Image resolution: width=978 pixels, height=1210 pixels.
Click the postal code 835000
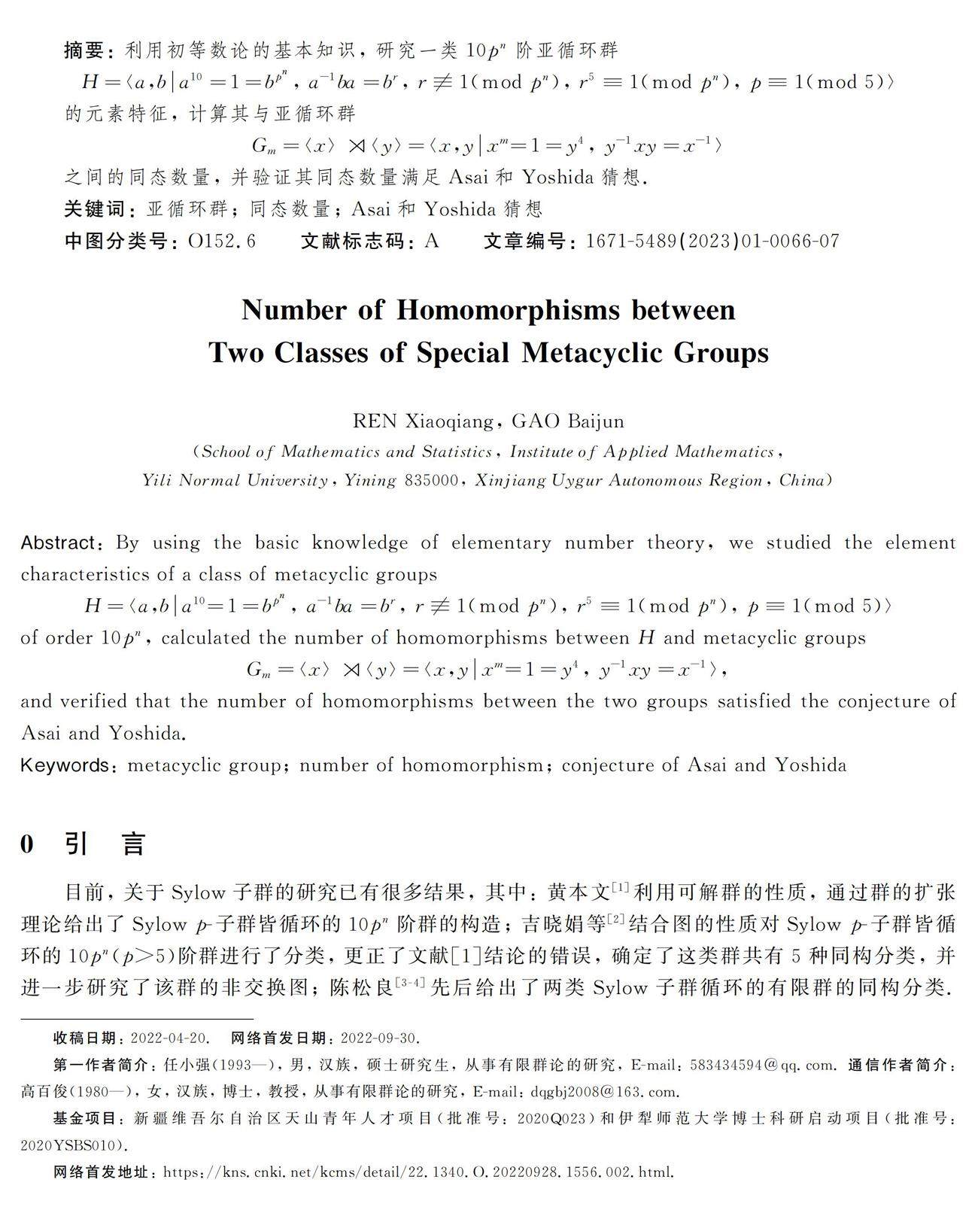click(x=431, y=480)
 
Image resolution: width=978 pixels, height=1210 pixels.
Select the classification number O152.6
click(x=222, y=241)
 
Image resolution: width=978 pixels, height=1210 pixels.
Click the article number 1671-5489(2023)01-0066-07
click(x=712, y=241)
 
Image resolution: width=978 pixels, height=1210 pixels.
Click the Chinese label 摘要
click(x=84, y=50)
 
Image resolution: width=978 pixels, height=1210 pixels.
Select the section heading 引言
click(x=105, y=844)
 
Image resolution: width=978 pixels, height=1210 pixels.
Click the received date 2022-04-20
click(x=169, y=1038)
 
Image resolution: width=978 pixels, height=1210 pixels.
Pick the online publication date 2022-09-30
click(x=379, y=1038)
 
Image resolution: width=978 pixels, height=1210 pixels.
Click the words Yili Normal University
click(x=235, y=480)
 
